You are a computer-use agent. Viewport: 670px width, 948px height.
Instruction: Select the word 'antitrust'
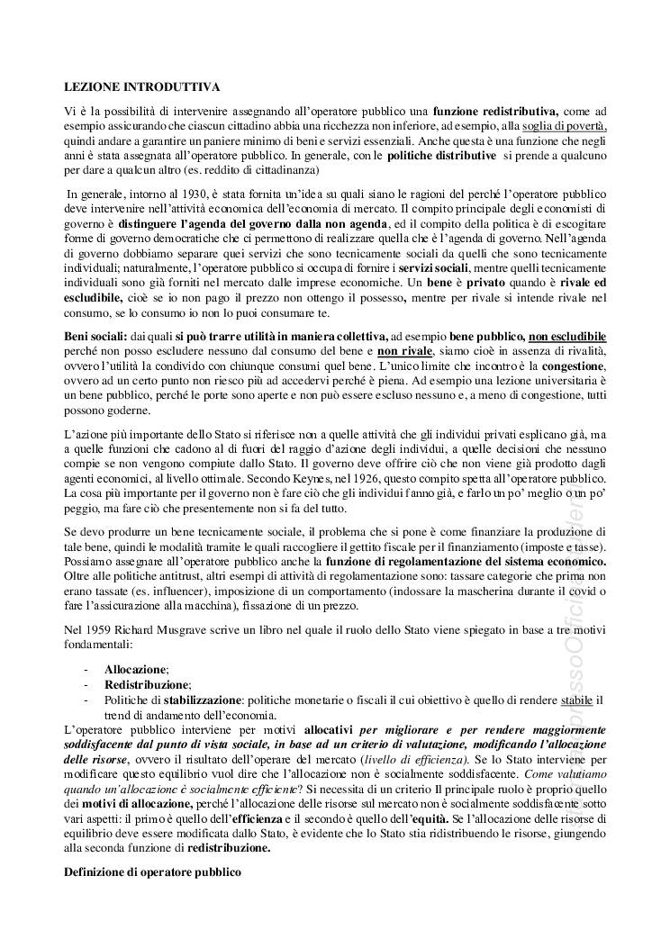pyautogui.click(x=164, y=575)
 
